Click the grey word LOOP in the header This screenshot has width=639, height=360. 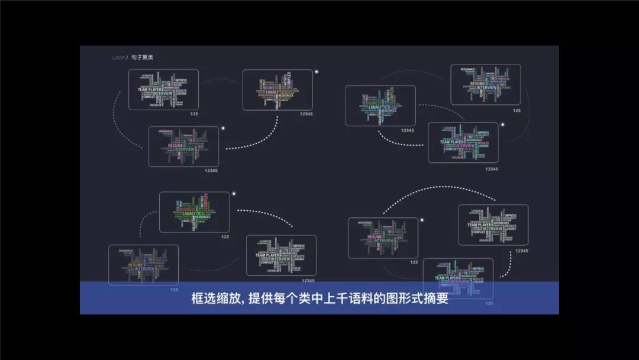118,57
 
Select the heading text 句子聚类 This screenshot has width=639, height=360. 142,57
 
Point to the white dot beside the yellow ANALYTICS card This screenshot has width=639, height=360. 317,72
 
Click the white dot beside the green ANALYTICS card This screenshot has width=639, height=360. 234,194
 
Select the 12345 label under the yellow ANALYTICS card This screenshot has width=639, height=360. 307,114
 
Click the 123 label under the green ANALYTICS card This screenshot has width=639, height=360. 225,236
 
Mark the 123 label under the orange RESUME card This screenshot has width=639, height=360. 414,262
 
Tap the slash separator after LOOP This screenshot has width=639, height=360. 127,57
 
